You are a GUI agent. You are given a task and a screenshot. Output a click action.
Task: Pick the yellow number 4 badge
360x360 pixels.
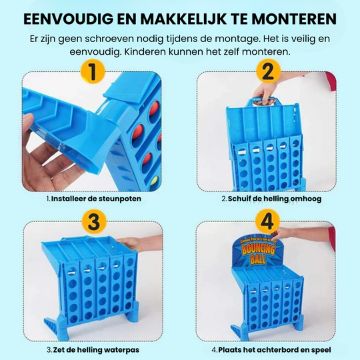pyautogui.click(x=267, y=221)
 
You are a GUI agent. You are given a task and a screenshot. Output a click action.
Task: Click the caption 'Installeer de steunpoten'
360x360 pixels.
pyautogui.click(x=95, y=198)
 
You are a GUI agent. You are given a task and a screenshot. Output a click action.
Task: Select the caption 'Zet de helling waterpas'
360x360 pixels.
pyautogui.click(x=94, y=349)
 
